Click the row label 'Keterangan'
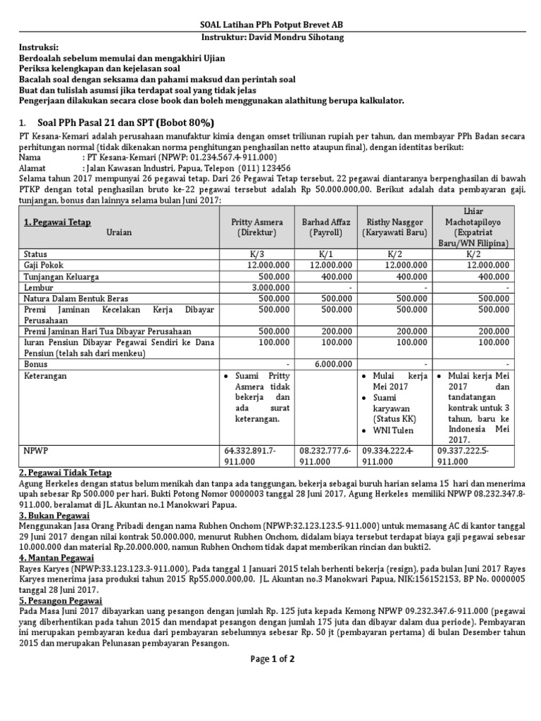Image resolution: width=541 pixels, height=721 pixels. [46, 376]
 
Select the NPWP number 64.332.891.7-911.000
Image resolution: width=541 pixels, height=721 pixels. [251, 455]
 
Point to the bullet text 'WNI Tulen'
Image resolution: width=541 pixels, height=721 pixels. [395, 430]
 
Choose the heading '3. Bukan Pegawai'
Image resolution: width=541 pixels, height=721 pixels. [53, 515]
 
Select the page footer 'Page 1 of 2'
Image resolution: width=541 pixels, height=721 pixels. [272, 659]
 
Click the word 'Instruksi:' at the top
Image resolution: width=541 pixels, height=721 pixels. [40, 49]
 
